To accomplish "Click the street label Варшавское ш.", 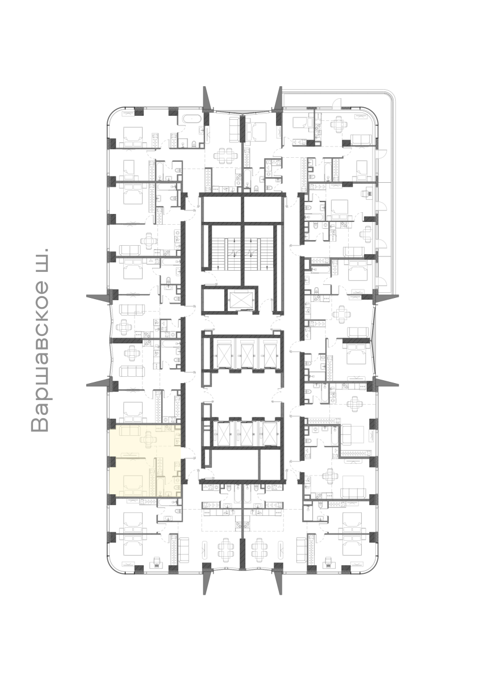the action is (40, 340).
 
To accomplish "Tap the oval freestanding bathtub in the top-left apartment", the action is (191, 119).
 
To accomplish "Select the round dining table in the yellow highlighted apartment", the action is (148, 439).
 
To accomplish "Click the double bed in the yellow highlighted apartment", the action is (133, 484).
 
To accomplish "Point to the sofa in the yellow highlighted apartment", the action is (129, 430).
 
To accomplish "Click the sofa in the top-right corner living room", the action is (361, 140).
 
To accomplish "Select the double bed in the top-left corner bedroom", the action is (133, 137).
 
